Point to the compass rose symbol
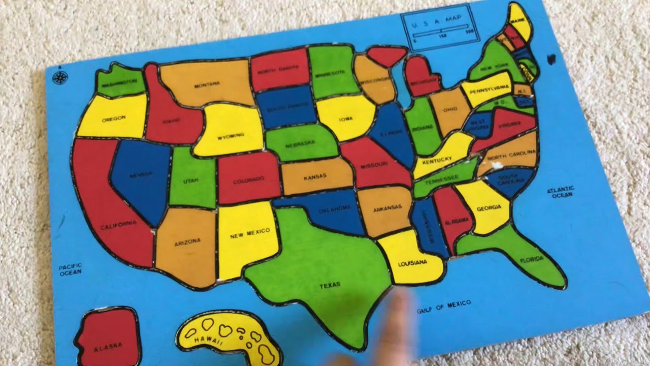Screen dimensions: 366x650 click(x=60, y=78)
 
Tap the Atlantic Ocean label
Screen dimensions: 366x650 click(x=561, y=192)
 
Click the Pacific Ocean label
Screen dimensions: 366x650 click(x=70, y=269)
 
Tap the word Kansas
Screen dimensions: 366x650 click(x=315, y=177)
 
